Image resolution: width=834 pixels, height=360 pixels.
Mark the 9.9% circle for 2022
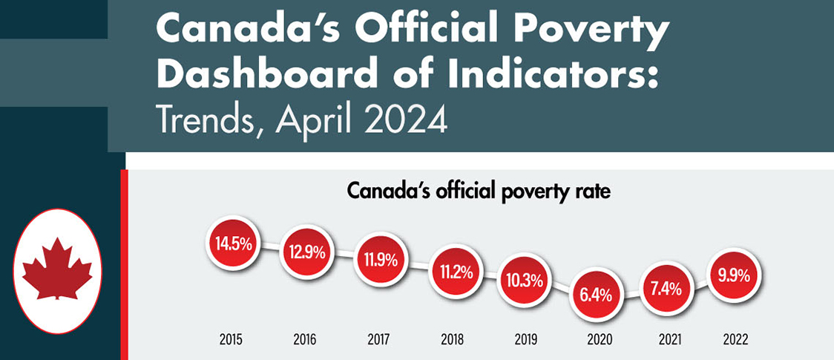(735, 275)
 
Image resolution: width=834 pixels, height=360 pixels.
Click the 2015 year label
(232, 340)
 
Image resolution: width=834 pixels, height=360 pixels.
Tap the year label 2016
(304, 340)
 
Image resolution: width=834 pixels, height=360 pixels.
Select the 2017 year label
(378, 340)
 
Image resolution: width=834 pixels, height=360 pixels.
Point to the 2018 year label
(451, 340)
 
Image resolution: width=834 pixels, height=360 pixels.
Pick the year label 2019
(525, 340)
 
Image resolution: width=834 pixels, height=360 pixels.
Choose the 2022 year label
(735, 340)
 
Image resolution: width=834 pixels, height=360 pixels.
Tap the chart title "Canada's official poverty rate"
(479, 192)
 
